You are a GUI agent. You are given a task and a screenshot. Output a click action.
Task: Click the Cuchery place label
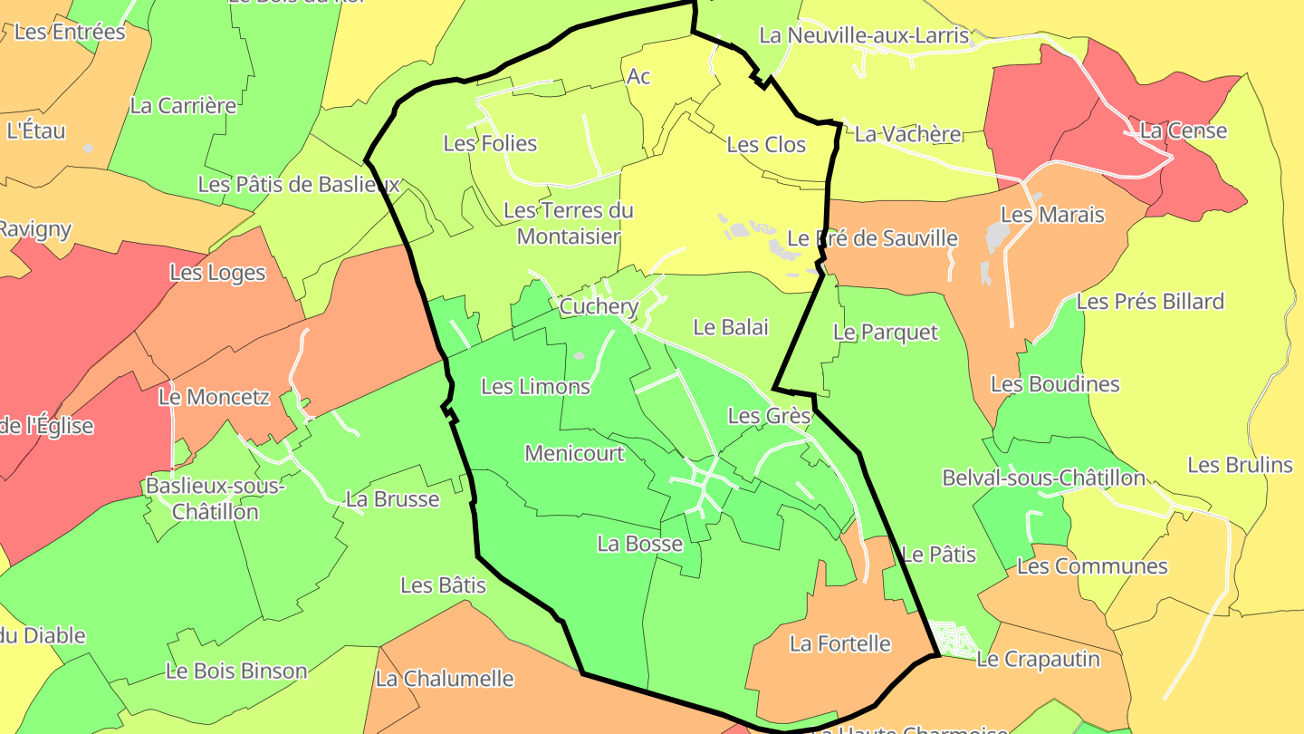pos(599,306)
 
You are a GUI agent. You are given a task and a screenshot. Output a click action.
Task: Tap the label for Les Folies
pos(490,143)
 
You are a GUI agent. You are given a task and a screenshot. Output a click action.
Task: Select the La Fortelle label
pos(840,643)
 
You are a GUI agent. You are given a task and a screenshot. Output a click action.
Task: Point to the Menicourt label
pos(574,453)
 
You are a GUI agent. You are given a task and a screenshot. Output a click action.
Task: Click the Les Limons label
pos(535,386)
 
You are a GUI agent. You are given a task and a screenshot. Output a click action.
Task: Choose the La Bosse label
pos(639,544)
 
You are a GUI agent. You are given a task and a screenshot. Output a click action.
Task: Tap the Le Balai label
pos(730,327)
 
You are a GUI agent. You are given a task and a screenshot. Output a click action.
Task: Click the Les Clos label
pos(766,144)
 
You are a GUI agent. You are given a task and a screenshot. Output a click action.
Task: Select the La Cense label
pos(1184,130)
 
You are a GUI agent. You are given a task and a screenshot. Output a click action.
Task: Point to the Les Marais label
pos(1052,215)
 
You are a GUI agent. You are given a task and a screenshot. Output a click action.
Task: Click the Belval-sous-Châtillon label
pos(1043,478)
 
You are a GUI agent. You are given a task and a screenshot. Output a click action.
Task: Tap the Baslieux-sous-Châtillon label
pos(216,498)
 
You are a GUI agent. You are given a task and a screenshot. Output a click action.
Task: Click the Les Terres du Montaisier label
pos(568,223)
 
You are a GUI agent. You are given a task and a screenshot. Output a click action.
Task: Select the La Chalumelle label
pos(444,678)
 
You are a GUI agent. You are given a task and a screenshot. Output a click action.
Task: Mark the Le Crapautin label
pos(1038,659)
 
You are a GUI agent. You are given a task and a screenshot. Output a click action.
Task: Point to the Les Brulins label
pos(1240,465)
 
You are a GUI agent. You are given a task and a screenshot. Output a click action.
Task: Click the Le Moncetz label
pos(214,396)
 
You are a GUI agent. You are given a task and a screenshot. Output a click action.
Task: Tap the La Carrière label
pos(183,105)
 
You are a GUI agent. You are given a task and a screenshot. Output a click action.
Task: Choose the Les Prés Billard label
pos(1150,301)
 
